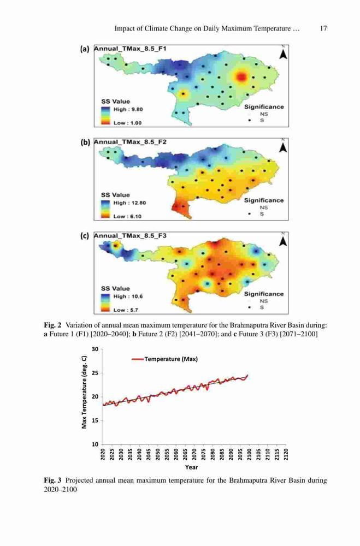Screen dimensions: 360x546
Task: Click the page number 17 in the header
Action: click(x=323, y=28)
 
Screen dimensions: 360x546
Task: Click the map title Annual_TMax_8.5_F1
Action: click(x=130, y=49)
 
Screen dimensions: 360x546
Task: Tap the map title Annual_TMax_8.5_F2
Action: click(x=131, y=142)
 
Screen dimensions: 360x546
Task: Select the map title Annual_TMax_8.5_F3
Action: click(x=131, y=236)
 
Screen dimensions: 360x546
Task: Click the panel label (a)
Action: click(x=85, y=49)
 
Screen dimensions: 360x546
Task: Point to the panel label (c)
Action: click(x=85, y=236)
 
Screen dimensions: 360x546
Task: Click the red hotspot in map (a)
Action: click(x=241, y=77)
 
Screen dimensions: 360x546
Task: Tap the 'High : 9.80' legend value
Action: click(x=128, y=109)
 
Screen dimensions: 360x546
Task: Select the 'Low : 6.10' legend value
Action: click(x=127, y=216)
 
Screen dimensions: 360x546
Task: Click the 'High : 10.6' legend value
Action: click(x=128, y=296)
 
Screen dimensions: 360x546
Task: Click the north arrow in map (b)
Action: click(x=284, y=147)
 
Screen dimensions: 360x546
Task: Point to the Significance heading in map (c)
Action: click(x=264, y=294)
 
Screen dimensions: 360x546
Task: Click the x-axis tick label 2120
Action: click(x=286, y=454)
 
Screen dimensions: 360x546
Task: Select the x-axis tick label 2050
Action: click(x=158, y=454)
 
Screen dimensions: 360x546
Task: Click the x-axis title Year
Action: click(x=192, y=467)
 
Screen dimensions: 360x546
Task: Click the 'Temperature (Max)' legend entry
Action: click(x=165, y=359)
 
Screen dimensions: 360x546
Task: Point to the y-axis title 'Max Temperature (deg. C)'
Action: click(x=84, y=396)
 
